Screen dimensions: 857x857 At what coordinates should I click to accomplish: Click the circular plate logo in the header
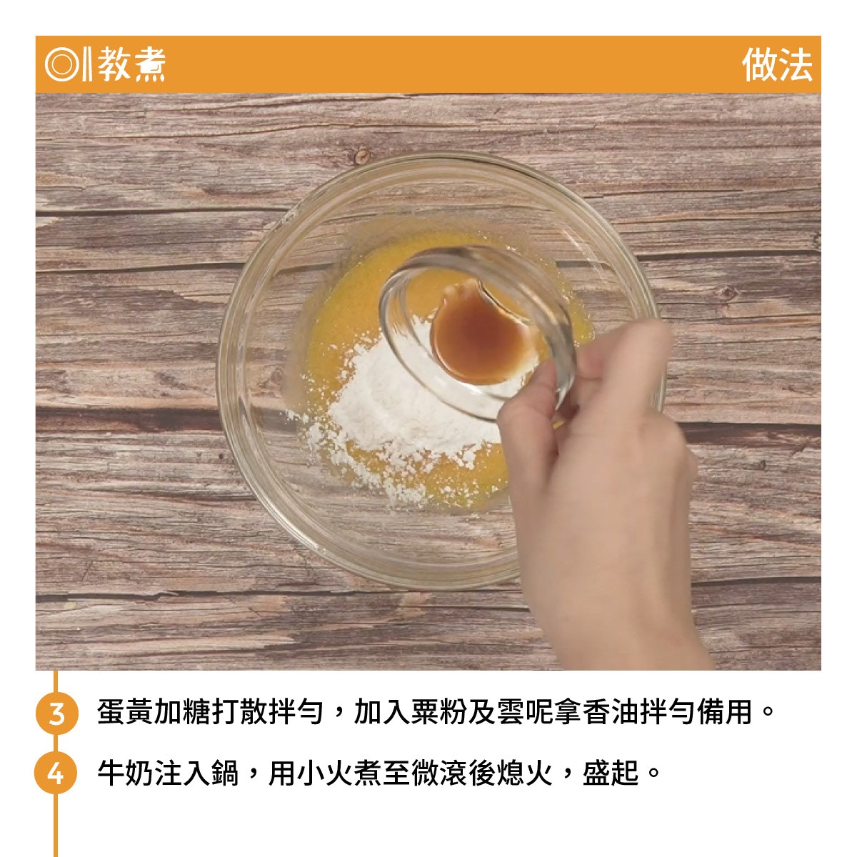pos(61,64)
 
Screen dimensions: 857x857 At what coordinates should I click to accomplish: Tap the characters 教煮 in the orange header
pos(131,64)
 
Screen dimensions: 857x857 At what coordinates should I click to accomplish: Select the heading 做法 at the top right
pos(776,64)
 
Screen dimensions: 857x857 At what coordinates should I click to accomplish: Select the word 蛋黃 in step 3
pos(126,712)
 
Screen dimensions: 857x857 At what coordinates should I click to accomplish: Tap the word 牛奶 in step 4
pos(126,773)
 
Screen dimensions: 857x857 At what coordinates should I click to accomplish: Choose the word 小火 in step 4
pos(325,773)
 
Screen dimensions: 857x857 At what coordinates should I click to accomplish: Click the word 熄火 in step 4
pos(525,773)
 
